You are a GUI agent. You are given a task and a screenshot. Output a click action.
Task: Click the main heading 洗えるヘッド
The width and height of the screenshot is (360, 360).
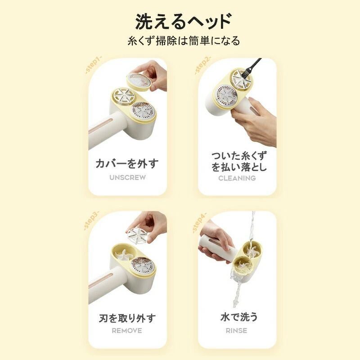click(184, 21)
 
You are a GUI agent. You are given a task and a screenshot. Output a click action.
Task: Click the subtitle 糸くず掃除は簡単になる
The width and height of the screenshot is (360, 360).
click(184, 41)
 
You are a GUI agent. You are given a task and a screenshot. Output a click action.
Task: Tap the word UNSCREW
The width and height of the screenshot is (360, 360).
click(128, 177)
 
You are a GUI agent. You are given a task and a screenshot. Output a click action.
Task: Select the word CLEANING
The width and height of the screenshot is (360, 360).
click(237, 178)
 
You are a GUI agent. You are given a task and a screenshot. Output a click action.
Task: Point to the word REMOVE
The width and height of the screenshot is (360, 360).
click(127, 331)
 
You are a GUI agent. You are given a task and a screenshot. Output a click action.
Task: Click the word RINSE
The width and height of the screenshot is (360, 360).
click(237, 331)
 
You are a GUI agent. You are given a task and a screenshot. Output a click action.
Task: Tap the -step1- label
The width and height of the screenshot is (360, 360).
click(93, 65)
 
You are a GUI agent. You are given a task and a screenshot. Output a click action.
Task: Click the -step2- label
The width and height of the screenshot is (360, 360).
click(202, 65)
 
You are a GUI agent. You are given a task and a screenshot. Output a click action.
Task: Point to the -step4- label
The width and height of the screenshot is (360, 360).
click(199, 223)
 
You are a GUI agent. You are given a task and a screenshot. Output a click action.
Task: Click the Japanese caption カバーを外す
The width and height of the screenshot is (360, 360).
click(127, 163)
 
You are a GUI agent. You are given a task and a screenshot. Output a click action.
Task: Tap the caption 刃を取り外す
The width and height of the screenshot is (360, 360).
click(127, 318)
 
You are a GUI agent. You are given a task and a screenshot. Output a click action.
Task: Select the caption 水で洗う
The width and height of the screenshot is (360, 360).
click(239, 317)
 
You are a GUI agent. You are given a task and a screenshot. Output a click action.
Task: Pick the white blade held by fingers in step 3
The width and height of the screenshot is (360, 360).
click(137, 236)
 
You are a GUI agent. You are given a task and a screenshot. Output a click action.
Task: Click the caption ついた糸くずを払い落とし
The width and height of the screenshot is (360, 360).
click(239, 162)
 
